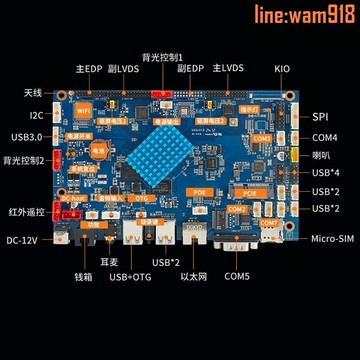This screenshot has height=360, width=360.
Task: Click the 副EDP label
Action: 192,68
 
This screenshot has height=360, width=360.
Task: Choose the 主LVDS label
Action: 228,68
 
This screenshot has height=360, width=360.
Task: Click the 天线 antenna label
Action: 33,93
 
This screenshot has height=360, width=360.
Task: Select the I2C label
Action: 35,115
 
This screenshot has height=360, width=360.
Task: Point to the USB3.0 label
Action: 27,137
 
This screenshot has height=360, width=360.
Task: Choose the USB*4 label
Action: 325,173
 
